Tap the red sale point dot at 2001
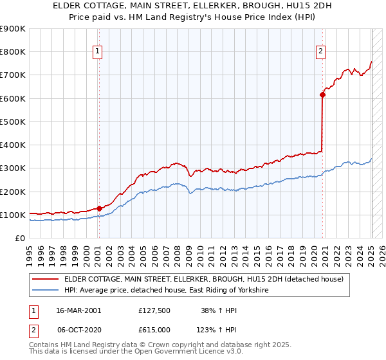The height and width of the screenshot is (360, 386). pyautogui.click(x=99, y=208)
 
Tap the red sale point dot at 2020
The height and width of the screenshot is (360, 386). pyautogui.click(x=323, y=95)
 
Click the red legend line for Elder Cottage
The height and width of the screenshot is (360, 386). pyautogui.click(x=45, y=279)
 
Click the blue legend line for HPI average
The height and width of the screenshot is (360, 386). pyautogui.click(x=45, y=291)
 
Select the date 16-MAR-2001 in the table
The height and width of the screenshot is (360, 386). pyautogui.click(x=78, y=310)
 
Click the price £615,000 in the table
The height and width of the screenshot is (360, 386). pyautogui.click(x=154, y=329)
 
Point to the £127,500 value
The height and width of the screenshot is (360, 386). pyautogui.click(x=154, y=310)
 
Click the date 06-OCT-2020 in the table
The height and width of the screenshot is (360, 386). pyautogui.click(x=78, y=329)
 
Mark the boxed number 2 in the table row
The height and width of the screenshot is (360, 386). pyautogui.click(x=33, y=329)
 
